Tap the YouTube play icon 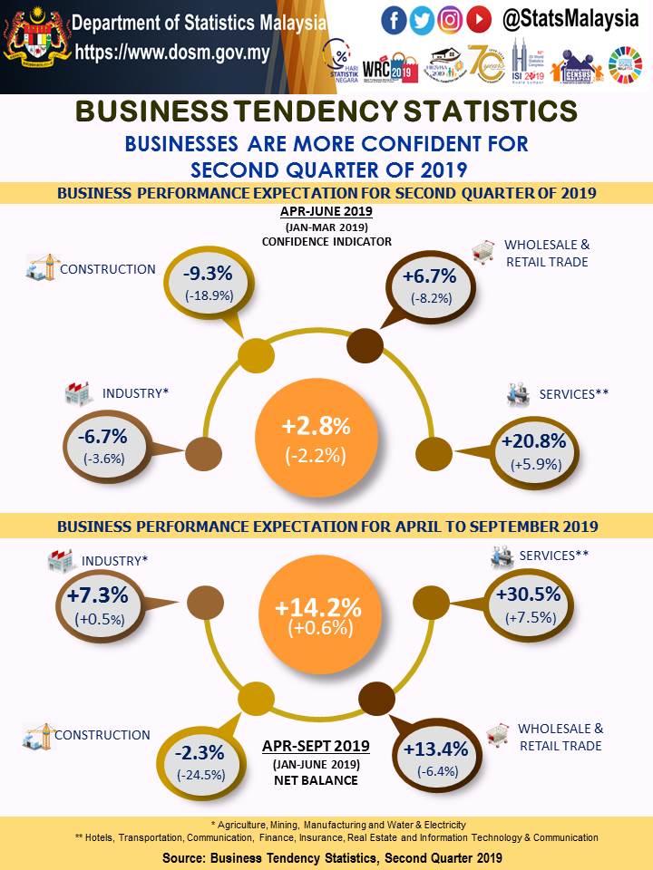pyautogui.click(x=479, y=19)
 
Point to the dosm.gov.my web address pyautogui.click(x=172, y=53)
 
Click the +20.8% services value pyautogui.click(x=533, y=441)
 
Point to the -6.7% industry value pyautogui.click(x=103, y=437)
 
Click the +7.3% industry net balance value pyautogui.click(x=102, y=596)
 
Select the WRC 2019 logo pyautogui.click(x=385, y=64)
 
